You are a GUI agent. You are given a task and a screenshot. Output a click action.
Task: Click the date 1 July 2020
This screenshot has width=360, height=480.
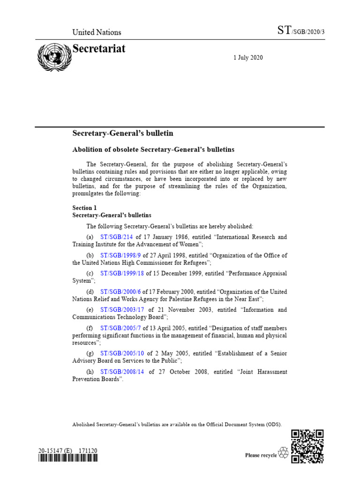(x=248, y=58)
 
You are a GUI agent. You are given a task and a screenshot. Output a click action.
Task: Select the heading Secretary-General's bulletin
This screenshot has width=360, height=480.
(x=122, y=134)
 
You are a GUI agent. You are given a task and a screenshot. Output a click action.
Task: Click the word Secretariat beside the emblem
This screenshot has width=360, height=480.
(x=99, y=49)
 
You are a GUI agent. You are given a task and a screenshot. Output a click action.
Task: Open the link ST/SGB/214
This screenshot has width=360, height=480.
(x=117, y=237)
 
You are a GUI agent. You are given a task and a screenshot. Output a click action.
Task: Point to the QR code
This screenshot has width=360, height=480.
(x=307, y=446)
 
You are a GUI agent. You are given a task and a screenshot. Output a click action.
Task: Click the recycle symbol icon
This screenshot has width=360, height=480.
(x=284, y=453)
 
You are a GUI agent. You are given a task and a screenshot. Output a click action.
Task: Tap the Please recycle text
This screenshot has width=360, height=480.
(x=261, y=455)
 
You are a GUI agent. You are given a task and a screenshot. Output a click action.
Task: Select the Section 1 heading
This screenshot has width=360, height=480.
(x=84, y=207)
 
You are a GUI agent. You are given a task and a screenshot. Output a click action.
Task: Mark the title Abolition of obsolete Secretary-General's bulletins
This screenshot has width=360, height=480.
(x=153, y=150)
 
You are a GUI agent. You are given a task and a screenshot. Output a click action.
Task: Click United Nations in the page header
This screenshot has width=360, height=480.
(x=97, y=32)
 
